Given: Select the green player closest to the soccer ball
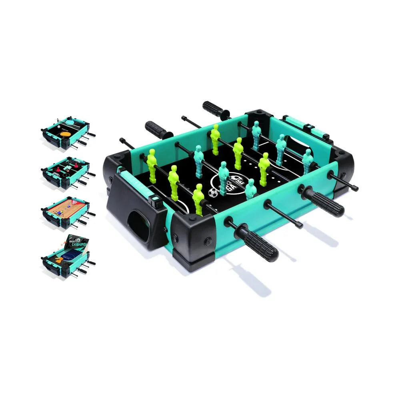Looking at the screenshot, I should pyautogui.click(x=199, y=199).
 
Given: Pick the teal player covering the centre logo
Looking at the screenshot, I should pyautogui.click(x=223, y=176).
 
